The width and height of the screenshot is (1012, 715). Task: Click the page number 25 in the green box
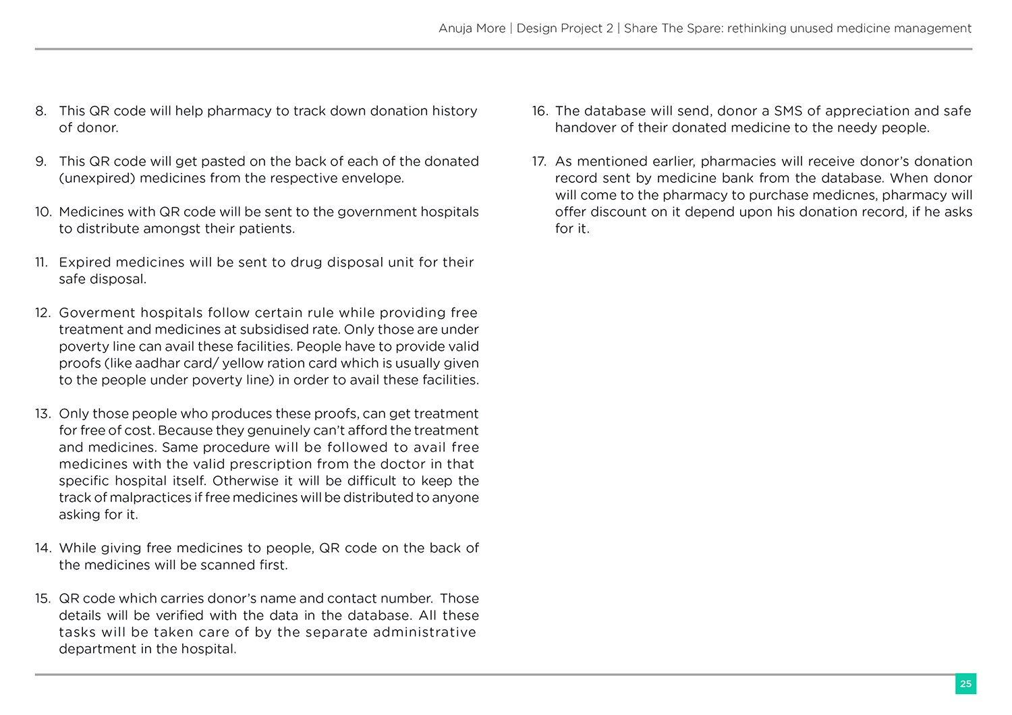[x=965, y=684]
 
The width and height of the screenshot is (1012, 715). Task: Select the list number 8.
[x=41, y=111]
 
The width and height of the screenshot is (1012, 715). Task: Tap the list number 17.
[x=538, y=162]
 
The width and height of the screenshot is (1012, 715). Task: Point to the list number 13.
[x=43, y=414]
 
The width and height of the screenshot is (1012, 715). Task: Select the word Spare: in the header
[x=702, y=28]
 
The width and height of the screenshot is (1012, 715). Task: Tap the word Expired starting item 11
[x=85, y=262]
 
